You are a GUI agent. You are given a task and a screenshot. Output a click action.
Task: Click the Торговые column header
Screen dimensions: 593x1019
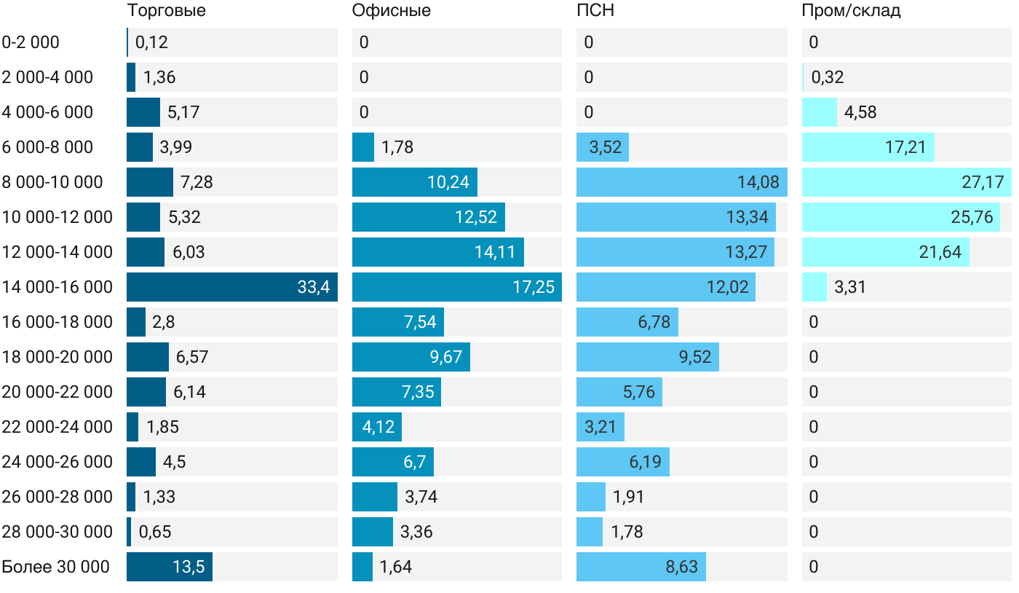[x=167, y=11]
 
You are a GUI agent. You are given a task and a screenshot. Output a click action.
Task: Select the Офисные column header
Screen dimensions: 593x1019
[x=391, y=11]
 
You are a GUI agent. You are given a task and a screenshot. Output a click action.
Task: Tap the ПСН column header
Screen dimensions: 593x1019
[x=595, y=11]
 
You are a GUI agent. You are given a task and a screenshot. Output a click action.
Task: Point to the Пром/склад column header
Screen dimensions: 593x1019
[x=851, y=11]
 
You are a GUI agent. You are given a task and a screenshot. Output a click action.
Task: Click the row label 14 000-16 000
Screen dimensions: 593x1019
[x=58, y=287]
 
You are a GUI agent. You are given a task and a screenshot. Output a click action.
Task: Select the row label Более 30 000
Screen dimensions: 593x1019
[x=55, y=567]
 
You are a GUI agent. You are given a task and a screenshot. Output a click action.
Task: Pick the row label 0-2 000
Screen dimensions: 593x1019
[x=31, y=42]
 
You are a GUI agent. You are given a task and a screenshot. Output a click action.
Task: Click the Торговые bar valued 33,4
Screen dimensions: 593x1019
[x=231, y=287]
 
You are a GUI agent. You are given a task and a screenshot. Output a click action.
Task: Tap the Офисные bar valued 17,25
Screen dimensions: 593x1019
[x=456, y=287]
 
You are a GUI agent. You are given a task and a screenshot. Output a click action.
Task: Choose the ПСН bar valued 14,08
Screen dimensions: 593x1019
[x=681, y=182]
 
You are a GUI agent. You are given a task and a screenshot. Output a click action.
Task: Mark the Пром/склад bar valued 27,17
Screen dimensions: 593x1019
[x=906, y=182]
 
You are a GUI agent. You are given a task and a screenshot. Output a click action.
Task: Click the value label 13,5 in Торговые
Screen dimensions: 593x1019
[x=188, y=567]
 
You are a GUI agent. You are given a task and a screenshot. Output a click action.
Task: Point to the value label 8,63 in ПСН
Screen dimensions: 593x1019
[x=681, y=567]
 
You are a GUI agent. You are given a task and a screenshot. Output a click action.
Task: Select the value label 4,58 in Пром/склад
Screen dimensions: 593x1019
[x=860, y=112]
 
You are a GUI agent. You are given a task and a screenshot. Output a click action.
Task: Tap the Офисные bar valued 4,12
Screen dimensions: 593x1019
[x=377, y=427]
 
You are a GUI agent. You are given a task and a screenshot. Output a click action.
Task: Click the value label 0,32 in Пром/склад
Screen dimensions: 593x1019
[x=828, y=77]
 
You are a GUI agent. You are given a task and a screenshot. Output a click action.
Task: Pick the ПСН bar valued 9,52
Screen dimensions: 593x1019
[x=647, y=357]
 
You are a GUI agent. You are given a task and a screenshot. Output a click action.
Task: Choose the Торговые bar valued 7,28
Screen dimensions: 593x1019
[x=150, y=182]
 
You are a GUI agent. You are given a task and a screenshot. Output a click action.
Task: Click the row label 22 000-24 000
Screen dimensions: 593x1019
[x=58, y=427]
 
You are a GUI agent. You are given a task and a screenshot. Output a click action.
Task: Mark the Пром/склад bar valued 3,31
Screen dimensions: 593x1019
[x=814, y=287]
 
